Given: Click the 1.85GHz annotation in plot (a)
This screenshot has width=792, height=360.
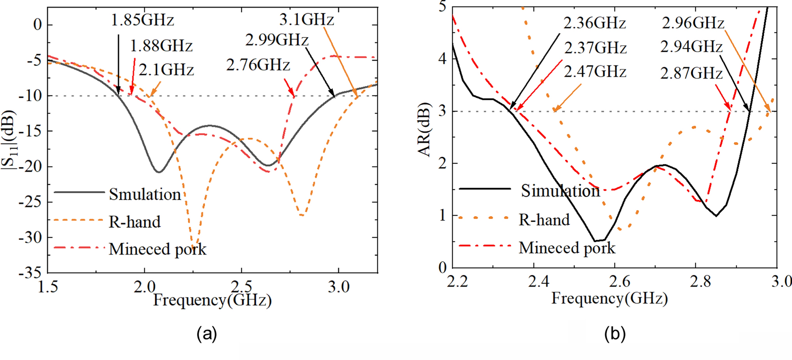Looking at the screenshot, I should [x=142, y=20].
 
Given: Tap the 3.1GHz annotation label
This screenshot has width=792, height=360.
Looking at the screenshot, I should [x=307, y=19].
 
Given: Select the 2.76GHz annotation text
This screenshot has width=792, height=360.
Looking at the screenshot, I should [x=258, y=65].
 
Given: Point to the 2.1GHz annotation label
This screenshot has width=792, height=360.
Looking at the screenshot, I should [x=166, y=70].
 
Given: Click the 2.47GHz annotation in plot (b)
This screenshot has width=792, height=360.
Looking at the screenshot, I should [x=595, y=71].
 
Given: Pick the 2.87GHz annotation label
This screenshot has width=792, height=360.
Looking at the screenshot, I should [x=691, y=73].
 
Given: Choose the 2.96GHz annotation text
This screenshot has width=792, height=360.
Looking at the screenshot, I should [x=693, y=23].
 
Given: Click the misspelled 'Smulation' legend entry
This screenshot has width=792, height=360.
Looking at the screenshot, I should [x=145, y=194].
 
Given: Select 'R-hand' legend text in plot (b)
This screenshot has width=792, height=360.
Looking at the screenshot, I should [x=544, y=220].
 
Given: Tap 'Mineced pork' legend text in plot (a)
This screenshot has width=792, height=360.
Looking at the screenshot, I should [x=157, y=249].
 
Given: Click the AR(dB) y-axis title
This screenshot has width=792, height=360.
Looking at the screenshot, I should [x=424, y=130].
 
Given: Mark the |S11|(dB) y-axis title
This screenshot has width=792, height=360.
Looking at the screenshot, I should [x=9, y=140].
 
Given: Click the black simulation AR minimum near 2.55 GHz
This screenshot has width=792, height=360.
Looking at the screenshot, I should [x=596, y=241].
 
